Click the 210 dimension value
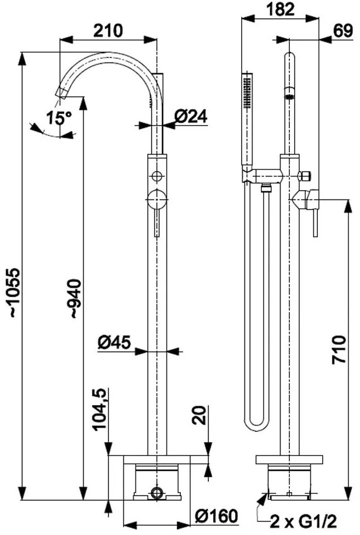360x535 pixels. coord(108,31)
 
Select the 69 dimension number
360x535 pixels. coord(342,31)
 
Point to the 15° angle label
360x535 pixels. coord(59,118)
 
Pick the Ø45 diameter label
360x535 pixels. coord(114,342)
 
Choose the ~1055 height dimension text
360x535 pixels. coord(15,293)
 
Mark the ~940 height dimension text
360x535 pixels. coord(75,299)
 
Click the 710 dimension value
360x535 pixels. coord(339,350)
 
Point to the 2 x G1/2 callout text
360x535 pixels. coord(304,521)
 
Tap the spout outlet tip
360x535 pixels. coord(61,93)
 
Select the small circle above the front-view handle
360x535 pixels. coord(157,177)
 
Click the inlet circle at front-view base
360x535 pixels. coord(157,493)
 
